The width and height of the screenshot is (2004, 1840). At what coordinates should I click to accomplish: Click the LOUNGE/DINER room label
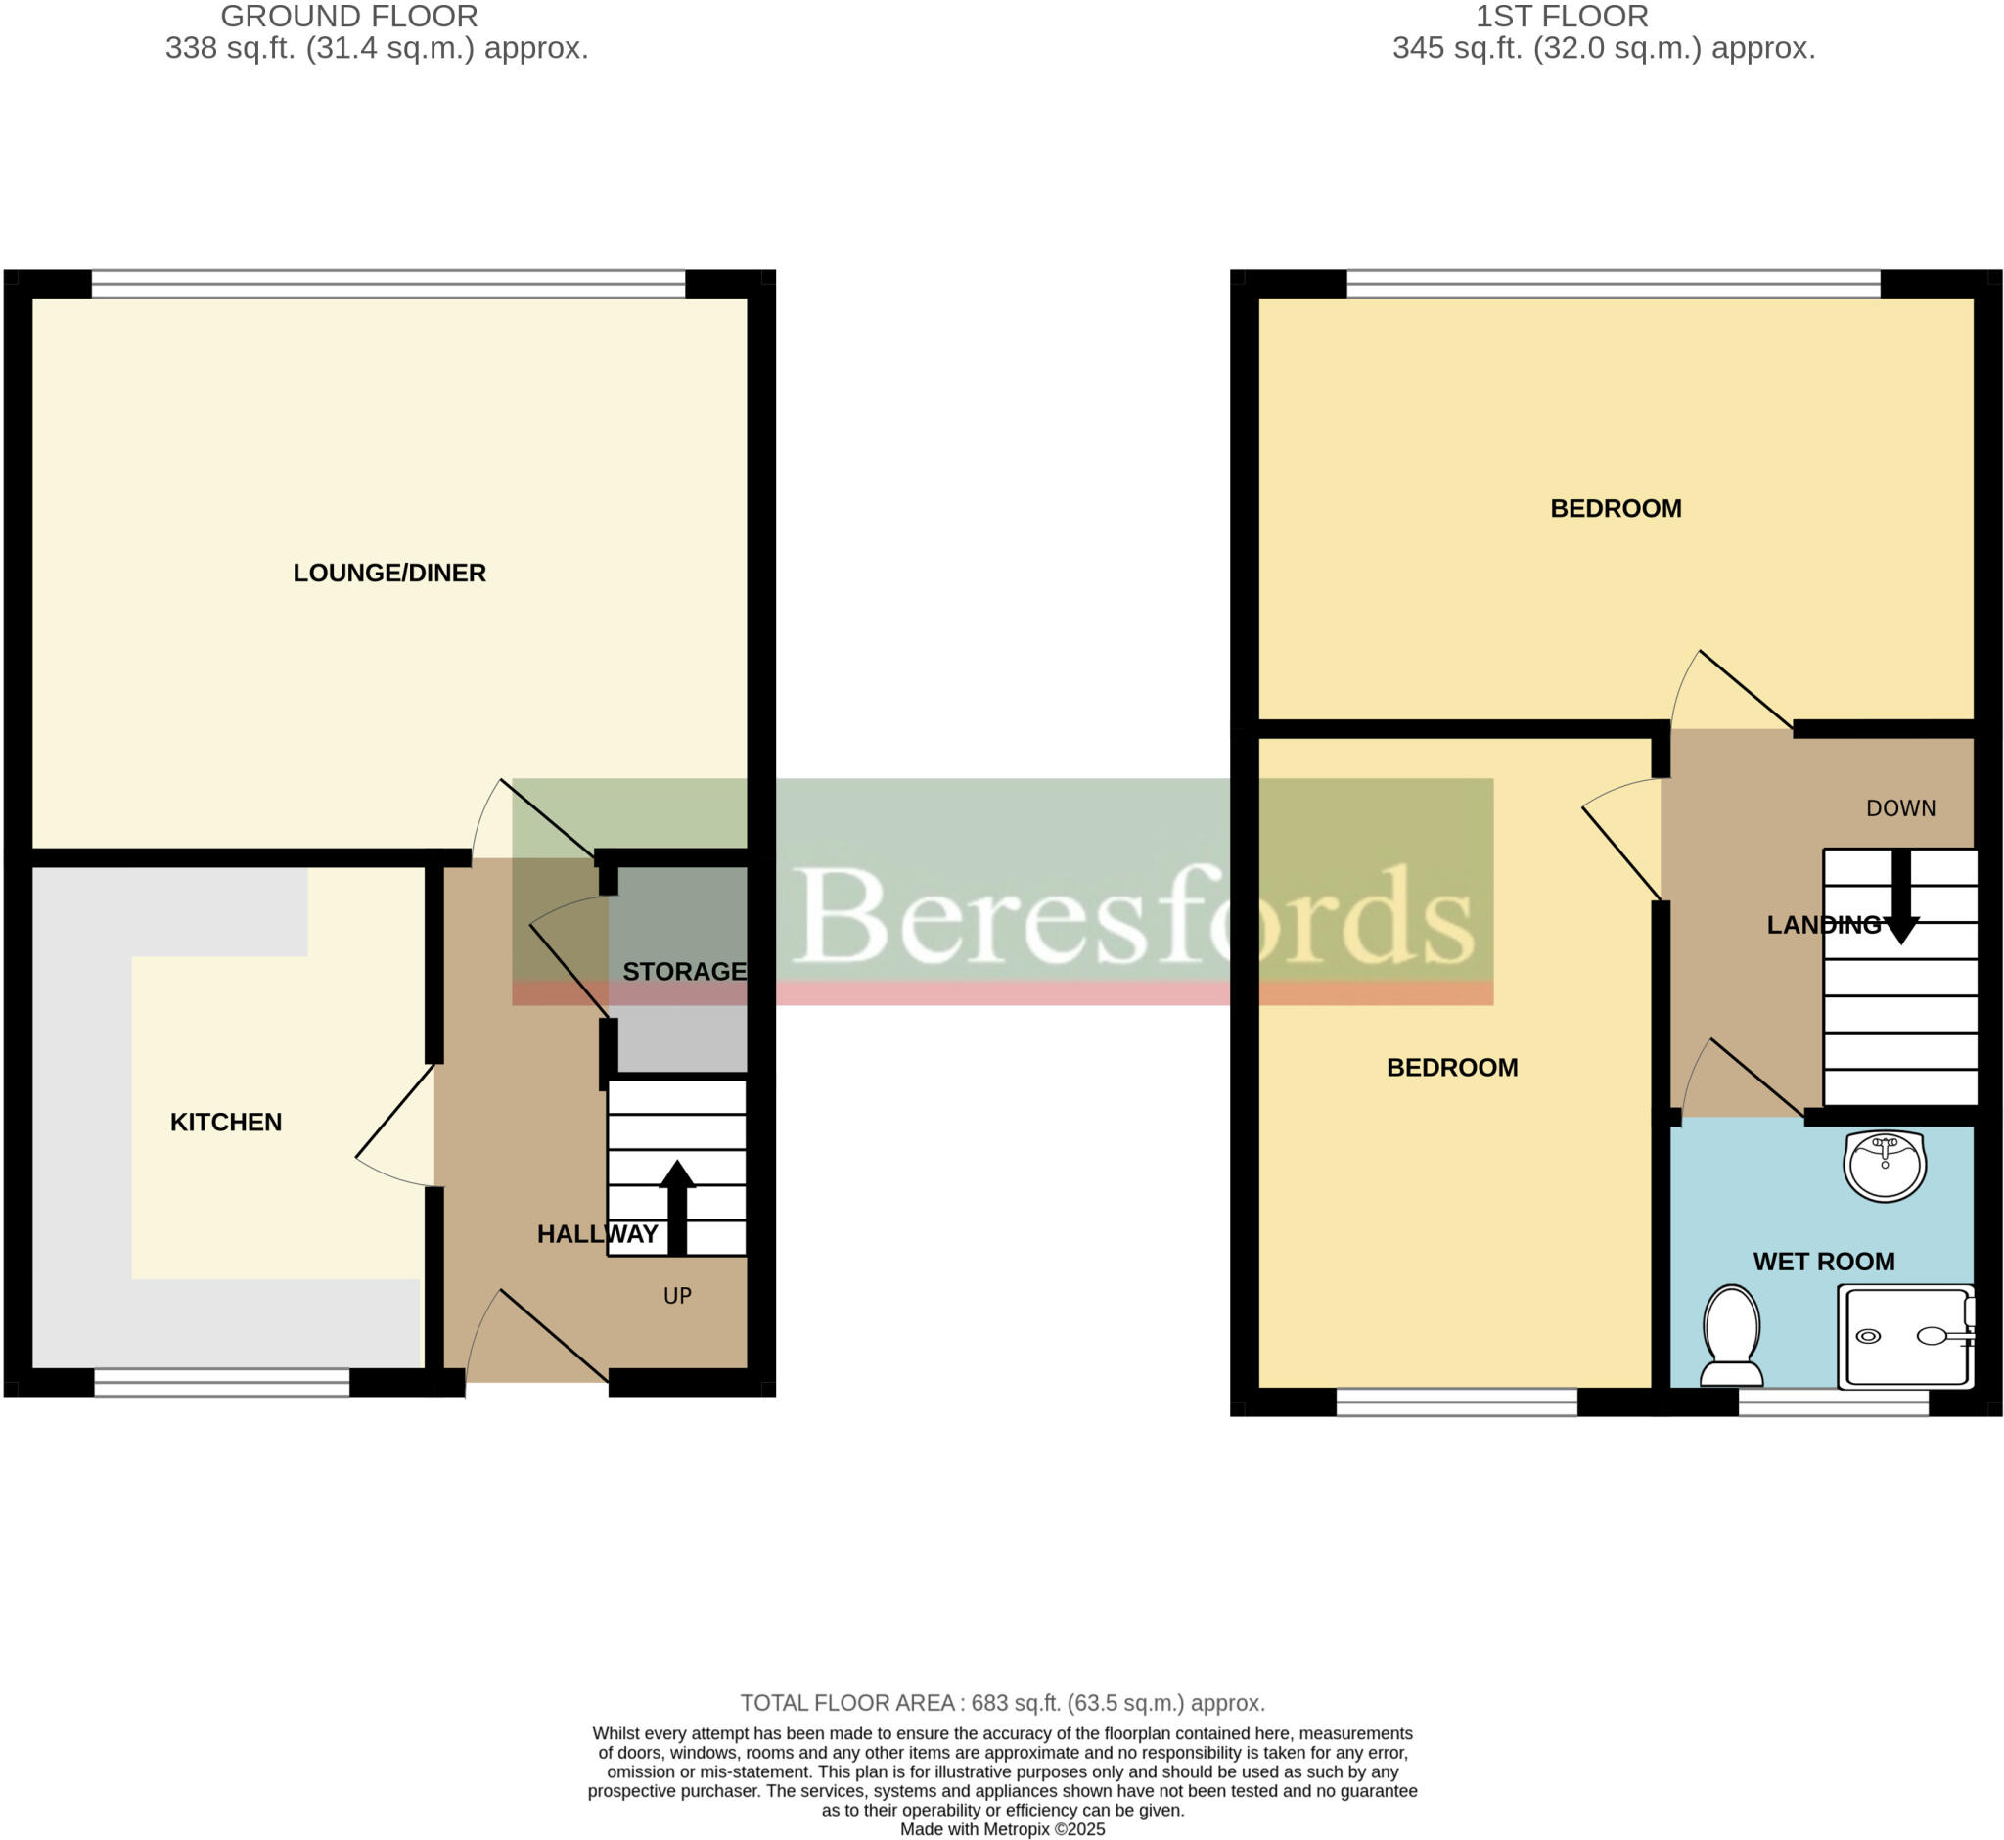coord(389,574)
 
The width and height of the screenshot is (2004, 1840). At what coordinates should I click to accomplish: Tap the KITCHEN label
coord(226,1124)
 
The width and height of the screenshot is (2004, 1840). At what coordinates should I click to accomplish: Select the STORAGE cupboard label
coord(685,972)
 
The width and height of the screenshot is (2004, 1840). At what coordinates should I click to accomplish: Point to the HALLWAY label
coord(597,1234)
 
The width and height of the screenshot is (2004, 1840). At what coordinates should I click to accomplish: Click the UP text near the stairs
coord(677,1297)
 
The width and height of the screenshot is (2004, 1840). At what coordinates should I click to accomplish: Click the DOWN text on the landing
coord(1900,808)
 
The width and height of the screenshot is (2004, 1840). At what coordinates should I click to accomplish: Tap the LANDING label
coord(1824,926)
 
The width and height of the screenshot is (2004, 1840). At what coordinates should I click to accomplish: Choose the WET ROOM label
coord(1824,1263)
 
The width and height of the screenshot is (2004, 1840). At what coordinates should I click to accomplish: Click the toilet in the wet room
coord(1731,1337)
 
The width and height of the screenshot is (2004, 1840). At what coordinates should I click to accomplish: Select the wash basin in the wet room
coord(1885,1165)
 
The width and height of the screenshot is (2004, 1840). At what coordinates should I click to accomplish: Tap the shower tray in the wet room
coord(1905,1337)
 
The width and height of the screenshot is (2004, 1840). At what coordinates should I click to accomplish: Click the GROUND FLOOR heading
coord(349,17)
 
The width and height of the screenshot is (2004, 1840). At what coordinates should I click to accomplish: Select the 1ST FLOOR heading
coord(1562,17)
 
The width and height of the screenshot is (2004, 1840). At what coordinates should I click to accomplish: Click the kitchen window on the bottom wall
coord(222,1383)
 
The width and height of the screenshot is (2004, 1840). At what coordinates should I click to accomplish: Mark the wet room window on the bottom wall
coord(1834,1403)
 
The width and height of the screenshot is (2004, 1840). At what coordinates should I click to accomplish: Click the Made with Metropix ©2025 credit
coord(1003,1830)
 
